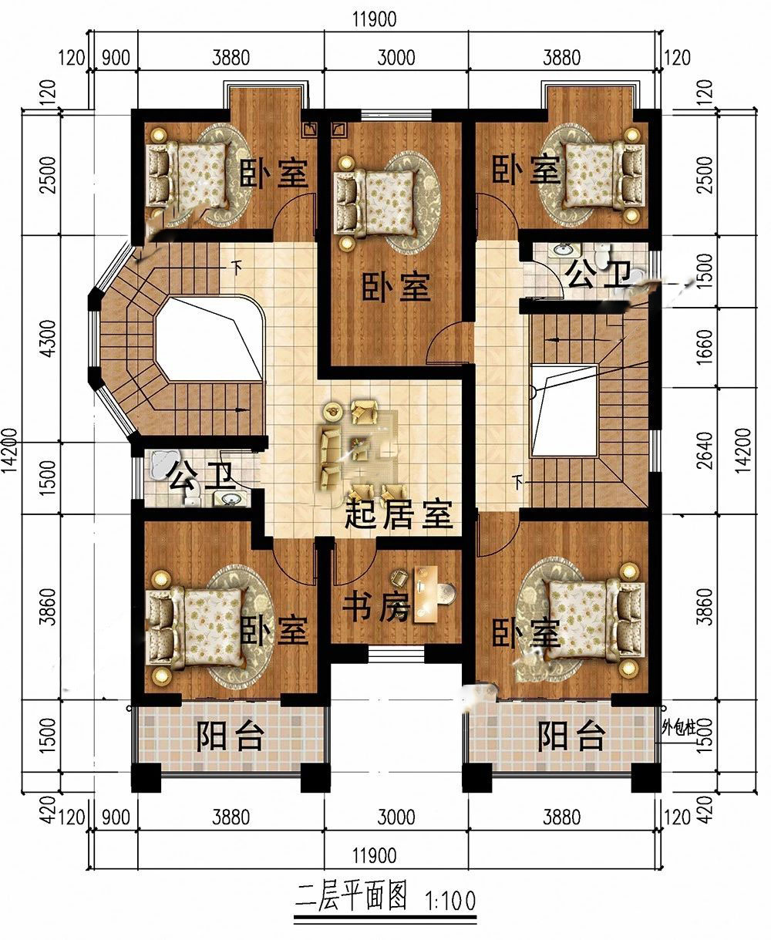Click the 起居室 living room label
pos(399,514)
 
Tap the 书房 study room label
pos(375,607)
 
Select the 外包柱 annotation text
pos(678,729)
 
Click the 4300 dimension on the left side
pos(48,338)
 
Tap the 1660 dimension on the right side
pos(704,347)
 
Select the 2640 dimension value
pos(704,450)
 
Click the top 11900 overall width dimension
pos(375,19)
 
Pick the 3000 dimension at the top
pos(396,58)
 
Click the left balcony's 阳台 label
pos(231,736)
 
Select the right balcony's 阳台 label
pos(571,736)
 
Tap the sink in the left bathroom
pos(230,498)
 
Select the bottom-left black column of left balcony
pos(146,778)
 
